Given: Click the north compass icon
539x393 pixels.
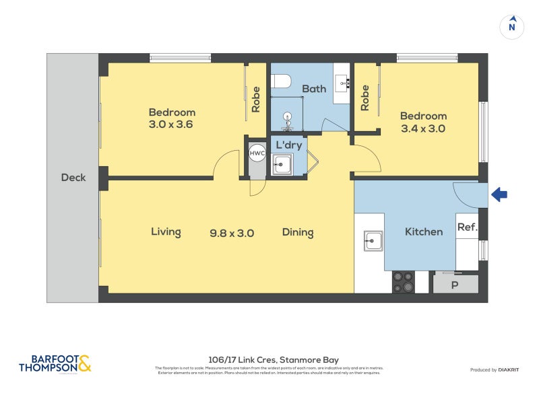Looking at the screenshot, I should [x=512, y=26].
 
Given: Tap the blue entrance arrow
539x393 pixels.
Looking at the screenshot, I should [x=499, y=195].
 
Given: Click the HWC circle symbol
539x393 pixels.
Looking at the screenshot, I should [x=257, y=153].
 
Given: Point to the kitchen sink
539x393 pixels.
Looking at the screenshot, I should [x=373, y=240].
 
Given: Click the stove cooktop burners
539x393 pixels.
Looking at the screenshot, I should [x=403, y=281].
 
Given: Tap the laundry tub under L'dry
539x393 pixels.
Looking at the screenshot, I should [x=282, y=164].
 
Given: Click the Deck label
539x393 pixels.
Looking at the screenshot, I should [x=73, y=178].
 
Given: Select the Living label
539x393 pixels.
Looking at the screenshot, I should [x=166, y=232].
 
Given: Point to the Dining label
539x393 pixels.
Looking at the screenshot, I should [x=298, y=232].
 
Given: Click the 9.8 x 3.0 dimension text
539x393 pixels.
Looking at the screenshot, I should [x=231, y=233].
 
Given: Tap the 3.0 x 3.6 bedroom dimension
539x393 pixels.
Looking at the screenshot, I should [x=172, y=124].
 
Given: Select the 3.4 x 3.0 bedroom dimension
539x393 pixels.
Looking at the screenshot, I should [x=423, y=128].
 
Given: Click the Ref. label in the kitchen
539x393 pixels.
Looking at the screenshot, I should [x=467, y=227].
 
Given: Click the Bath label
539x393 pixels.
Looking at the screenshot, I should [x=313, y=89].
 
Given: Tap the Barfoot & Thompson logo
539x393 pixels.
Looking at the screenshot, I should [x=55, y=364].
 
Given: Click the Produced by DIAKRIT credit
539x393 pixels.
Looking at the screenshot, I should [x=498, y=370].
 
